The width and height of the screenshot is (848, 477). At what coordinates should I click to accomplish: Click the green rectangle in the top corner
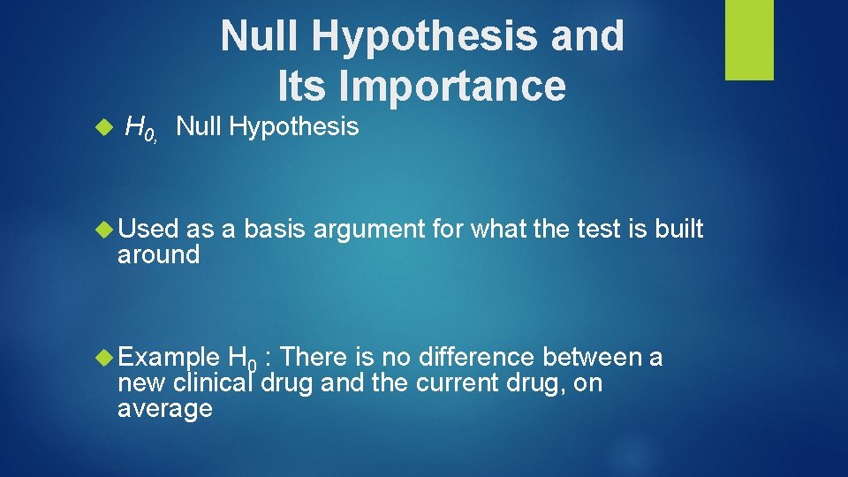point(749,40)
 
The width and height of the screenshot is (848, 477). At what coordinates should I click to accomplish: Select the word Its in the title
point(303,86)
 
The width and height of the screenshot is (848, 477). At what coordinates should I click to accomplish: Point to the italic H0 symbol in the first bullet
point(140,129)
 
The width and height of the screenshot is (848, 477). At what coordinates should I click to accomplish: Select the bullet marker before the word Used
point(106,230)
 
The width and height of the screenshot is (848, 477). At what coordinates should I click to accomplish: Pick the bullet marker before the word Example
point(106,358)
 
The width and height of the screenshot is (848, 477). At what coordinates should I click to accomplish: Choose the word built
point(679,230)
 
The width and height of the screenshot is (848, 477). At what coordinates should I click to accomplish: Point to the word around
point(158,255)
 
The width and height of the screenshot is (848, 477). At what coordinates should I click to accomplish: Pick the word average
point(164,409)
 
